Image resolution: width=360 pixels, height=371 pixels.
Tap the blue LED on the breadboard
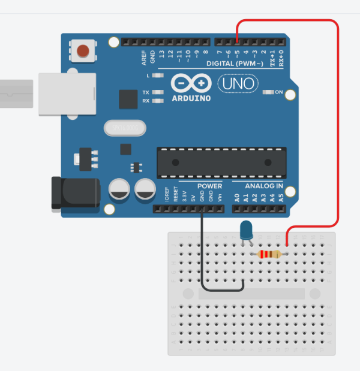pyautogui.click(x=246, y=230)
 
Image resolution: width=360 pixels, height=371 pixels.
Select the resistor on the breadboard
pyautogui.click(x=269, y=255)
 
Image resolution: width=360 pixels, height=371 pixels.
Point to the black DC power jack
pyautogui.click(x=75, y=192)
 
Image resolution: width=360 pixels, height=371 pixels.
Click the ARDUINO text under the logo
pyautogui.click(x=191, y=98)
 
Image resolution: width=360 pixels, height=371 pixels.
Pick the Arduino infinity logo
pyautogui.click(x=191, y=83)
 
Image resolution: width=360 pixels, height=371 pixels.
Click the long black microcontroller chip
pyautogui.click(x=220, y=162)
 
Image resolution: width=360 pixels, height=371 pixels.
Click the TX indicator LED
pyautogui.click(x=158, y=92)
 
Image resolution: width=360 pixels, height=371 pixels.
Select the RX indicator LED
pyautogui.click(x=158, y=101)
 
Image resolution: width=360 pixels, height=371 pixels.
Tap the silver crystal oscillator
pyautogui.click(x=125, y=128)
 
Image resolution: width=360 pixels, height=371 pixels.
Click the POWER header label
pyautogui.click(x=209, y=186)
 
